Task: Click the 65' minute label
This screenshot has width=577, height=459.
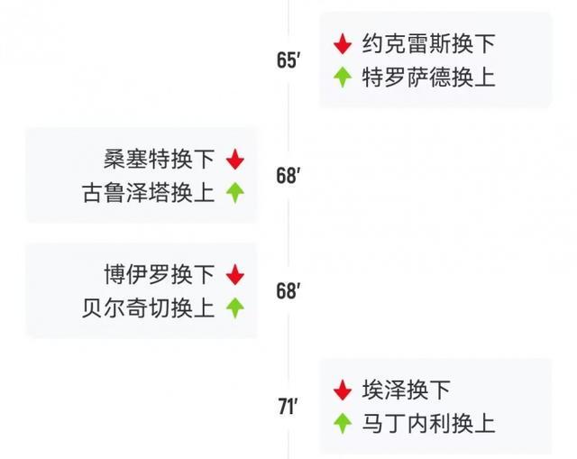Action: point(288,60)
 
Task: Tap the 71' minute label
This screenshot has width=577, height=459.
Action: point(288,407)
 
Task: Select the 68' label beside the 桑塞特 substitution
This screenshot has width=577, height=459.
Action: point(288,176)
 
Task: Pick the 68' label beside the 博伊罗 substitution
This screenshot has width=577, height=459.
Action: point(288,290)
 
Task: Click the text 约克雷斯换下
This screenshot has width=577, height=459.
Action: point(429,43)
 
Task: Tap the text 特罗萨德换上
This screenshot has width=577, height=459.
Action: point(429,77)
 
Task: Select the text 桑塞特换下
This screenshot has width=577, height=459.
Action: point(159,159)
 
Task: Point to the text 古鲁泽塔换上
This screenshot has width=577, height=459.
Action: point(148,192)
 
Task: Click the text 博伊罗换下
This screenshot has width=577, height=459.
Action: point(159,274)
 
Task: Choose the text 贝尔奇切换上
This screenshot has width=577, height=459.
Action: point(148,308)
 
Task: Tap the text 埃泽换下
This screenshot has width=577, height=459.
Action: point(407,390)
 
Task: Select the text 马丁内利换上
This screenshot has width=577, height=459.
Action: point(429,423)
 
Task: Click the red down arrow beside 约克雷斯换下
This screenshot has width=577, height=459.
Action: point(343,44)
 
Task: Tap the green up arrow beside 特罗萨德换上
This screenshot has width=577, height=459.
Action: point(343,77)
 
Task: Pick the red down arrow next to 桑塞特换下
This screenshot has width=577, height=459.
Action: point(235,160)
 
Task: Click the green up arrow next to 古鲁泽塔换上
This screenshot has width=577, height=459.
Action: point(235,193)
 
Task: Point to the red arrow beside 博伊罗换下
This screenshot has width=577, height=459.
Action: point(235,275)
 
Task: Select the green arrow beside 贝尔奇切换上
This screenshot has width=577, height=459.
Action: point(235,308)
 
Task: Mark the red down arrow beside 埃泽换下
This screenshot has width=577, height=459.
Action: point(343,390)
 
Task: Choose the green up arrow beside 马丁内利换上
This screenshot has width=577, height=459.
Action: point(343,423)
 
